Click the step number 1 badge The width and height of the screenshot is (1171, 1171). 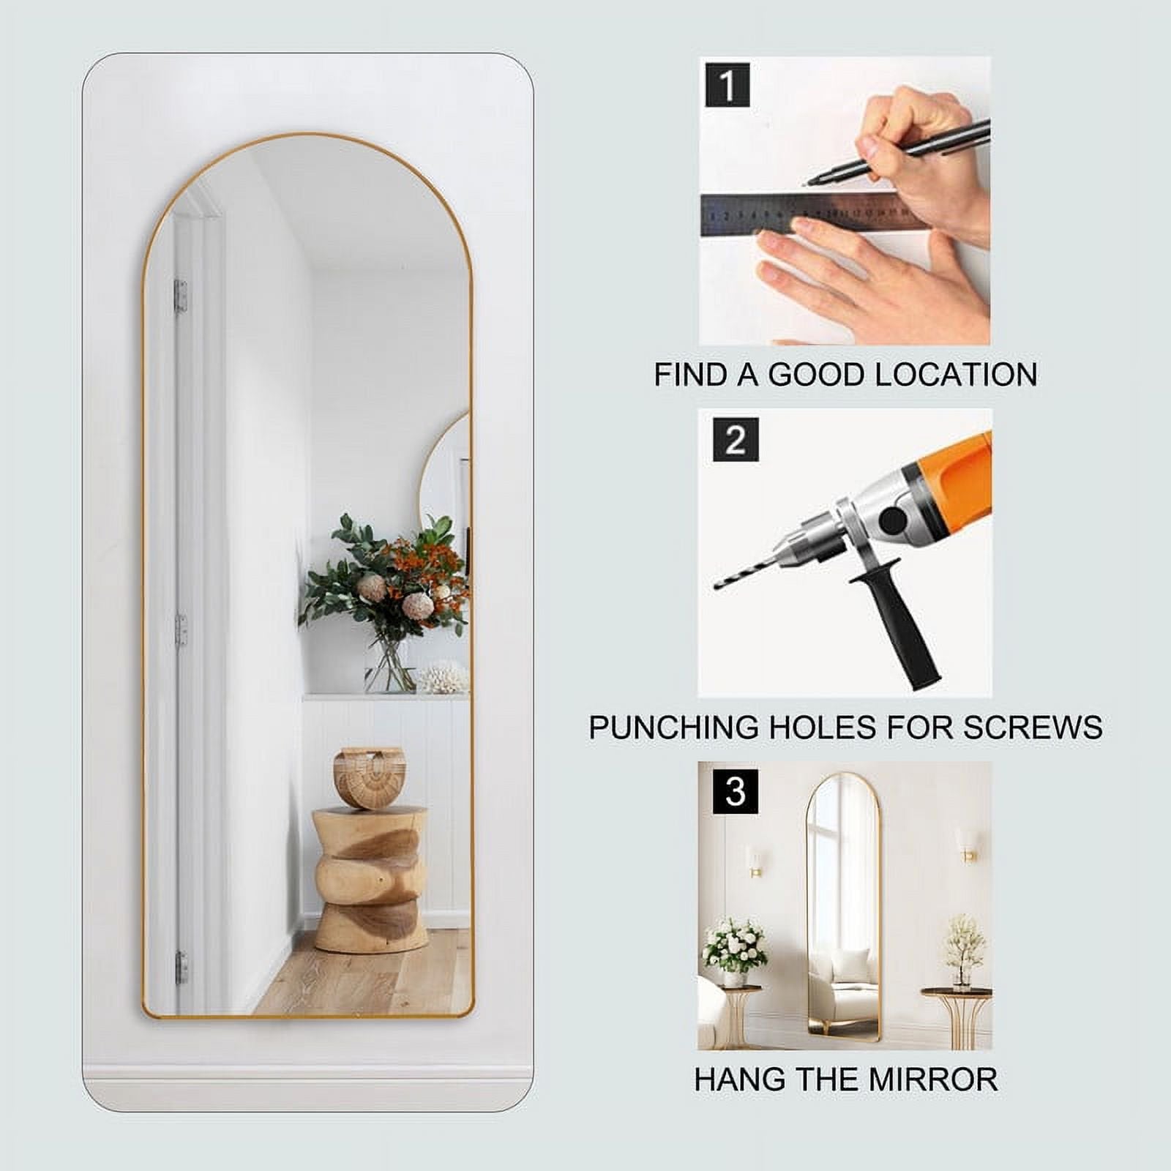coord(727,85)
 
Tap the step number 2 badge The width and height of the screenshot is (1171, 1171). coord(736,440)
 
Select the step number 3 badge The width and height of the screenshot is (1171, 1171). coord(736,791)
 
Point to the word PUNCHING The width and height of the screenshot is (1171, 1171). coord(673,727)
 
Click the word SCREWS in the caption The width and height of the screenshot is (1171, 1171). coord(1033,727)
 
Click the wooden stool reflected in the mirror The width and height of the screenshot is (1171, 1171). coord(370,878)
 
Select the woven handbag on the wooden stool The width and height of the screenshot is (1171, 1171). coord(369,777)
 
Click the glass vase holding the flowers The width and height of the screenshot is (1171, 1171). coord(389,666)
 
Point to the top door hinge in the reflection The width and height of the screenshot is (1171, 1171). coord(180,296)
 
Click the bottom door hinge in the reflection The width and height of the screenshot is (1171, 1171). coord(182,968)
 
